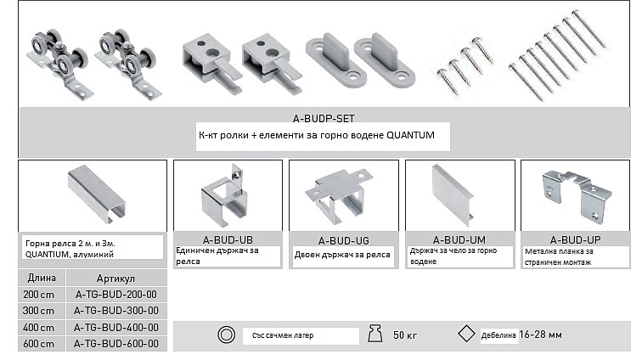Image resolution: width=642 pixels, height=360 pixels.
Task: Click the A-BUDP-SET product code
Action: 324,118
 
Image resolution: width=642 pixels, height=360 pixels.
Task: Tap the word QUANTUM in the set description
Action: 410,135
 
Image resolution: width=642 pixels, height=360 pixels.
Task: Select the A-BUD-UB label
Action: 228,239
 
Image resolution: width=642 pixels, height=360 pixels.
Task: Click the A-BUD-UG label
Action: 344,240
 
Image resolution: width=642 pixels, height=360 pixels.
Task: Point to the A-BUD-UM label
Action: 459,239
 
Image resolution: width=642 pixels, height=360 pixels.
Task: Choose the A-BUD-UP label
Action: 575,239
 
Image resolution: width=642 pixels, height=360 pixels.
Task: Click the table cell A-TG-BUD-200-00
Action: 115,295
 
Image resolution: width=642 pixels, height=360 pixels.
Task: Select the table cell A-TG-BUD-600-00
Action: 115,344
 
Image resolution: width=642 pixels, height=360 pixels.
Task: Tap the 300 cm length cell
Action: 38,311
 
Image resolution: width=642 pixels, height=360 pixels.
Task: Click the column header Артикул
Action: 115,278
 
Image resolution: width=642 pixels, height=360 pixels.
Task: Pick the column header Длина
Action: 42,278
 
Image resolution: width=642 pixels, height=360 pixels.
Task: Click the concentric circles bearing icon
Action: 226,335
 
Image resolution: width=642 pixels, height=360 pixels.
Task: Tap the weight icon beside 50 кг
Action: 375,334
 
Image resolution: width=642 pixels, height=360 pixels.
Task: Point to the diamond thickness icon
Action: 466,334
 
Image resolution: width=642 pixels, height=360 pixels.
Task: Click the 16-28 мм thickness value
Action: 540,335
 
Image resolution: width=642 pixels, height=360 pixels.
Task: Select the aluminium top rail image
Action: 97,194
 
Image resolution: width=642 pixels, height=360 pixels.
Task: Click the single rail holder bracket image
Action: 223,196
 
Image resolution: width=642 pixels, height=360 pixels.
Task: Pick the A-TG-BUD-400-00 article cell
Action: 115,327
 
